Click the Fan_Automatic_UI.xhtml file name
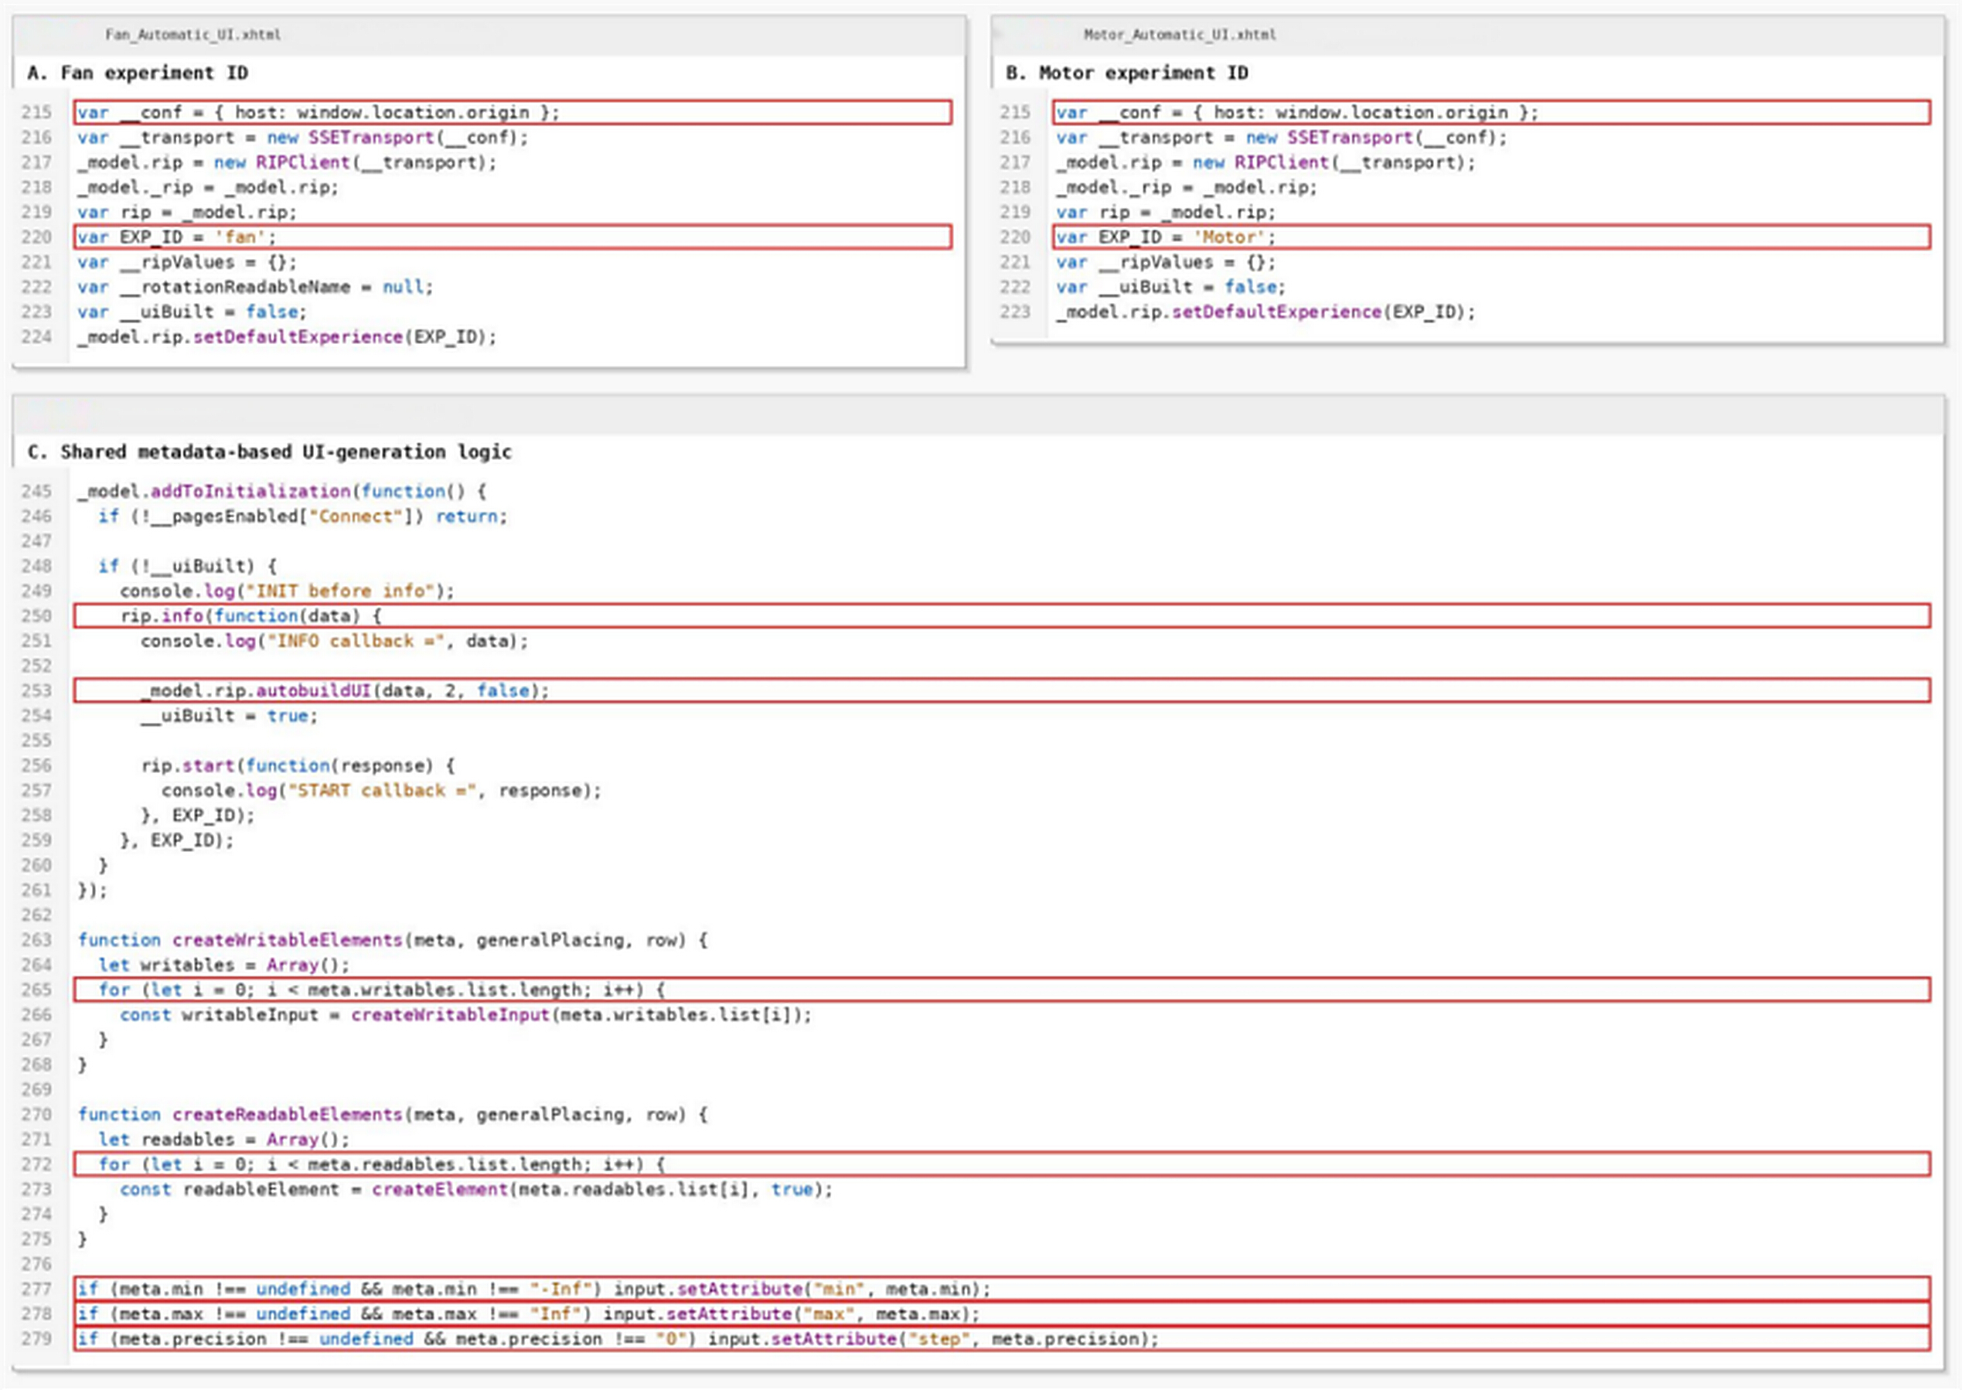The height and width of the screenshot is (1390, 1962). (x=192, y=35)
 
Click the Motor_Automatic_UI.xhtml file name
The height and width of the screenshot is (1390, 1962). (x=1179, y=35)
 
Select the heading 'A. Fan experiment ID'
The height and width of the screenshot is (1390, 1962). (x=138, y=73)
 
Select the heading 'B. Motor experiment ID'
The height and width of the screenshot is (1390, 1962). (x=1127, y=73)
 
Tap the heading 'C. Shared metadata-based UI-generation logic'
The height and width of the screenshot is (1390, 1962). (x=270, y=452)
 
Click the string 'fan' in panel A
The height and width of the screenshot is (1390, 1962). (x=240, y=237)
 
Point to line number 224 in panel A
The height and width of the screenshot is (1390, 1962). (x=37, y=337)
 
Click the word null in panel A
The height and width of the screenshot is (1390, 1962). (x=403, y=287)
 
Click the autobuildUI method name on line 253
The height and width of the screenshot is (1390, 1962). (x=313, y=690)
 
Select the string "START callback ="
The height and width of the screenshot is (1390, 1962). (x=381, y=791)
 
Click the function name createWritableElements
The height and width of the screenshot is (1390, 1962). (x=288, y=940)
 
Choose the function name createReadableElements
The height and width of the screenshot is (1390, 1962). (x=288, y=1115)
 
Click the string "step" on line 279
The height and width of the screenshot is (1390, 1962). (x=938, y=1339)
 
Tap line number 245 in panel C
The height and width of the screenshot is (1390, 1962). (x=37, y=492)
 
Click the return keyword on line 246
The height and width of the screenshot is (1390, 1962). (x=469, y=516)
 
